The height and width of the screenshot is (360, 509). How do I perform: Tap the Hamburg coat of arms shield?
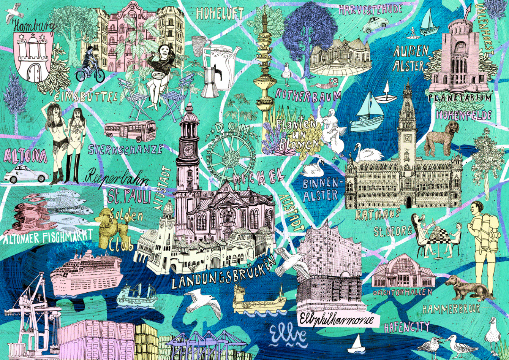coord(34,57)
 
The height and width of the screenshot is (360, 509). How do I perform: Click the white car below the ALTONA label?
coord(26,174)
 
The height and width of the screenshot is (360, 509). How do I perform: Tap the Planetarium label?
coord(459,98)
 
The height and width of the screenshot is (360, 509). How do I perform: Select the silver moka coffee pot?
coord(211,81)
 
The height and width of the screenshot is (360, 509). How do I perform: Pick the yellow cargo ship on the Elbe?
coord(259,300)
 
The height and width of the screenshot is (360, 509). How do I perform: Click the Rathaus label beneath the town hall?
coord(378,214)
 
